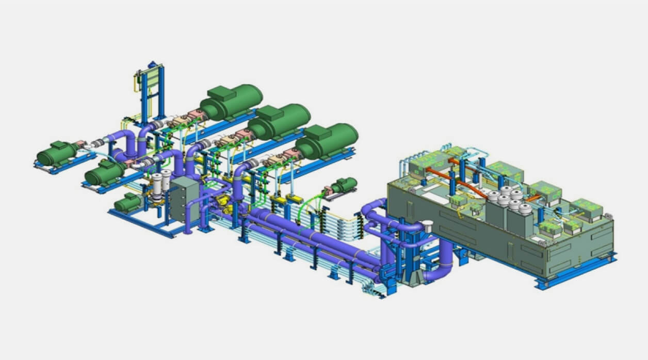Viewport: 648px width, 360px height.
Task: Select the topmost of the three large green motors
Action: coord(232,101)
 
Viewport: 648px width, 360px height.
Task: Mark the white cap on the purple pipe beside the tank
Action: coord(427,225)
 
